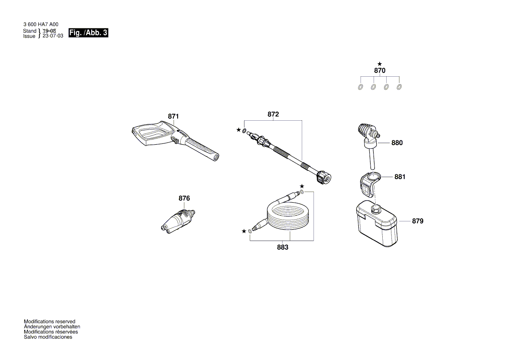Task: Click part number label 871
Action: (x=173, y=116)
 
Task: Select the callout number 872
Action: (x=273, y=114)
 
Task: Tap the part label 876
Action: (x=184, y=198)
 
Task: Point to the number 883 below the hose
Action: (x=283, y=247)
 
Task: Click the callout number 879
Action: (x=417, y=221)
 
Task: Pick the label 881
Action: (x=400, y=177)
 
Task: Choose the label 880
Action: (x=397, y=143)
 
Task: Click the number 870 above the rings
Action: (x=380, y=71)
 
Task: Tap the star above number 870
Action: (x=380, y=64)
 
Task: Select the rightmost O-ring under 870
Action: (x=399, y=87)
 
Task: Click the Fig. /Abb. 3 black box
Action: (x=88, y=33)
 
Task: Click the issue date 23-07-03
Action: (x=52, y=36)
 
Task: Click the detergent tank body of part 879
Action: (x=377, y=227)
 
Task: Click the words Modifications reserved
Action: (x=49, y=322)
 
